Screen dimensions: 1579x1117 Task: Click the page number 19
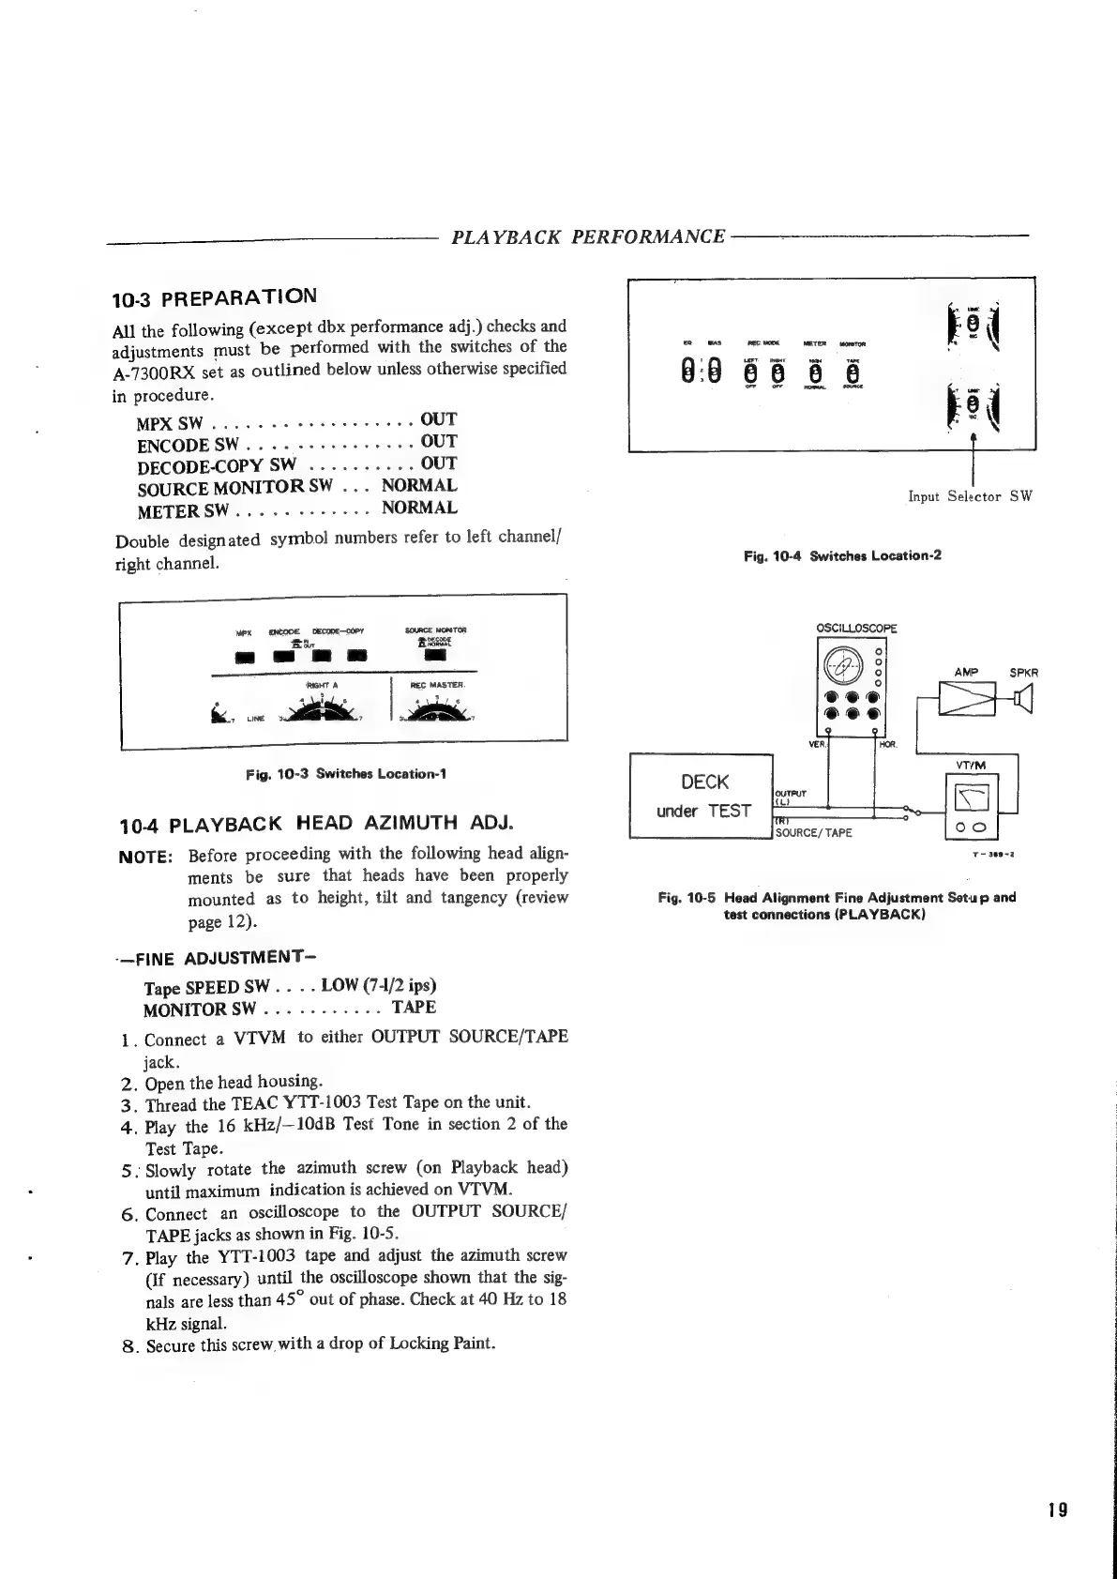1057,1510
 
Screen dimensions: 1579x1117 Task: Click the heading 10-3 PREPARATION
214,299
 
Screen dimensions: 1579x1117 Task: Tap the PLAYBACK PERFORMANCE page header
588,236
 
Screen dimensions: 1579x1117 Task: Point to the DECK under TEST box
701,797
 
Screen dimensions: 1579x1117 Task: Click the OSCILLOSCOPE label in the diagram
856,629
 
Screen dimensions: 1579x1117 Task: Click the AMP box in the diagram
966,698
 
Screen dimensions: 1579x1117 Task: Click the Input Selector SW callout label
970,496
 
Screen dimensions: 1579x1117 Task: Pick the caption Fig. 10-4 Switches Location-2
842,555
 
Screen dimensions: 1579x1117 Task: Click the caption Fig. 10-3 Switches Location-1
345,774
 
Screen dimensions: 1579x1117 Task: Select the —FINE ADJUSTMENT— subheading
214,958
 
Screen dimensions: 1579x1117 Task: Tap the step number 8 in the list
130,1345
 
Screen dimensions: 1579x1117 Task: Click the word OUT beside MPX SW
438,419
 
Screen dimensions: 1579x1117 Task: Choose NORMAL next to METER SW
419,509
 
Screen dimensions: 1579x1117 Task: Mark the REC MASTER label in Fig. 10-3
432,685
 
